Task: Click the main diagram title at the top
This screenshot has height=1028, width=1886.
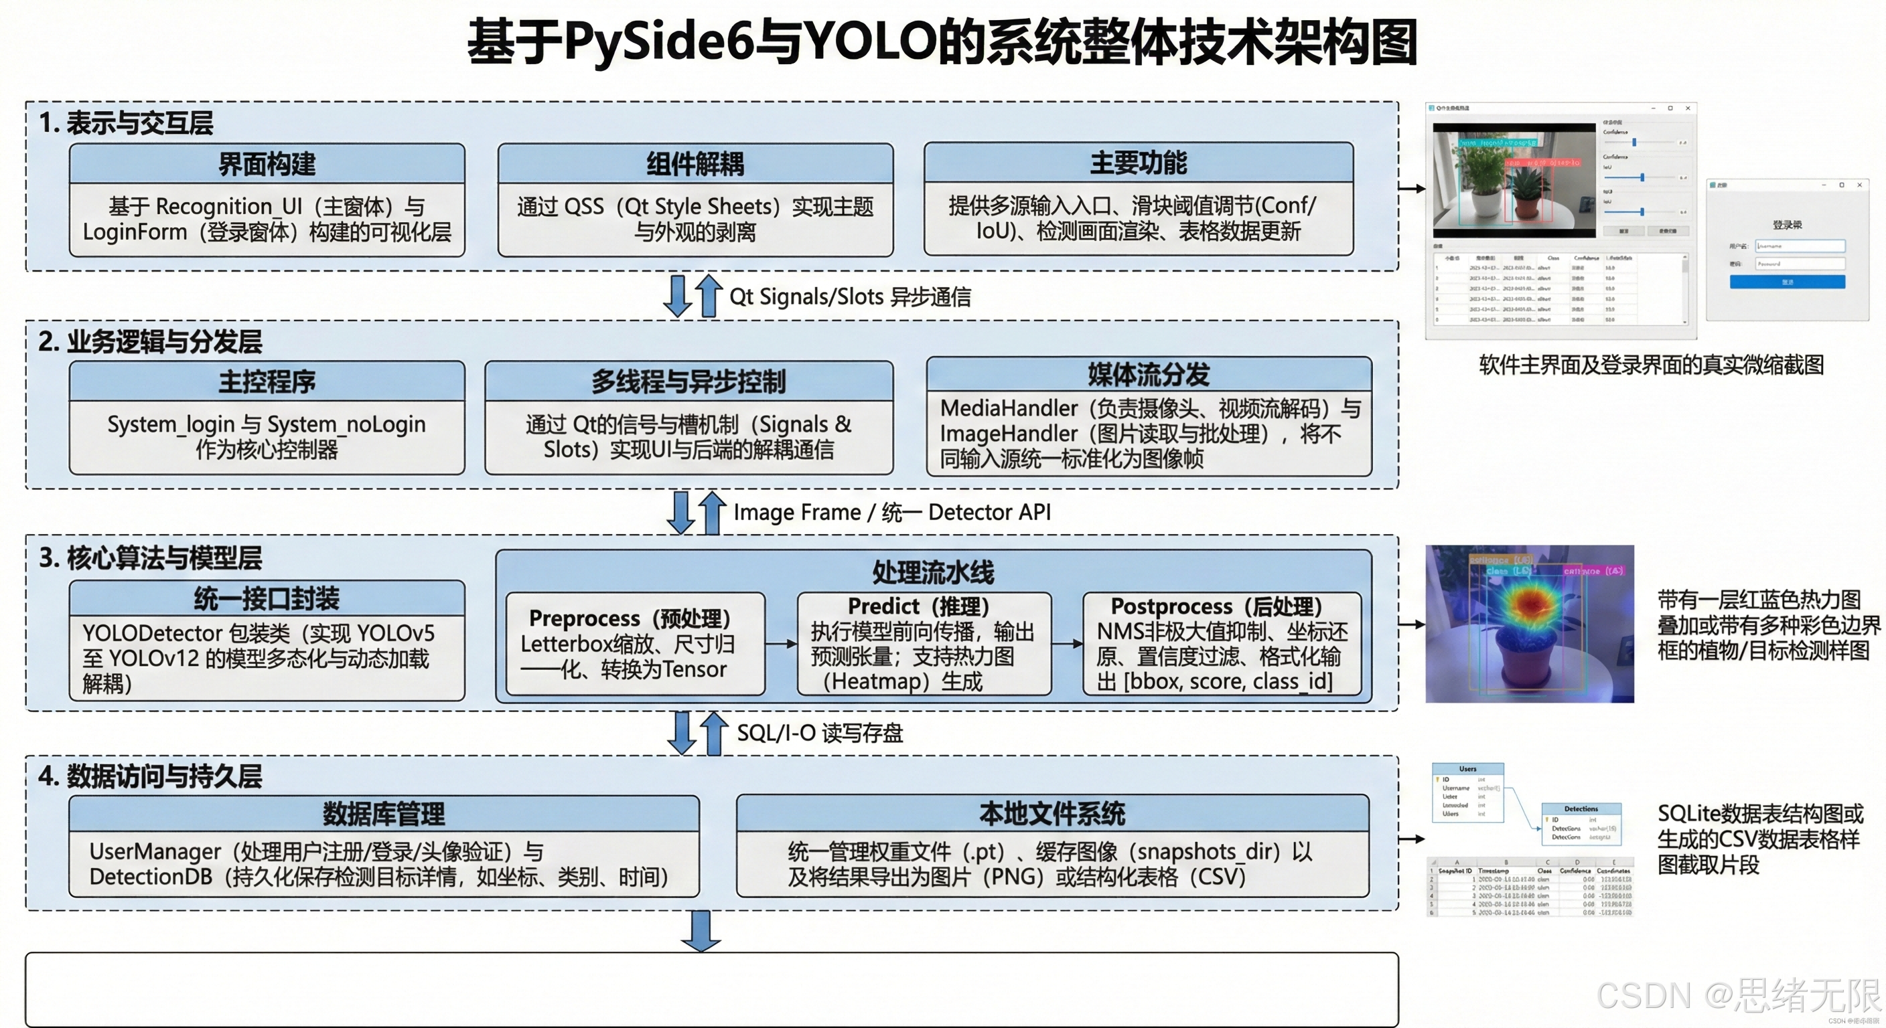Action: pos(942,42)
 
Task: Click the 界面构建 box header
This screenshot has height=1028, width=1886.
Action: pos(267,164)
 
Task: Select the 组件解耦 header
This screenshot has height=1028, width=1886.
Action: pos(695,164)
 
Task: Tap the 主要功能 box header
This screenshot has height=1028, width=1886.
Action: pos(1138,163)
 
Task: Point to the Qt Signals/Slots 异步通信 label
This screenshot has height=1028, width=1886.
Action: pos(849,297)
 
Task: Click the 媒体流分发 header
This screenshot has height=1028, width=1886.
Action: pos(1148,374)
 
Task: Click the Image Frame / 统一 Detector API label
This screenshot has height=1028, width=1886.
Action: pos(891,512)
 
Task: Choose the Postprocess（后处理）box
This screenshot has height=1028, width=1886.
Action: pos(1221,644)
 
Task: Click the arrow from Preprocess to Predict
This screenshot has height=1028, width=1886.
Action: pos(781,644)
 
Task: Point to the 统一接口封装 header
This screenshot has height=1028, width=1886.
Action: pos(267,598)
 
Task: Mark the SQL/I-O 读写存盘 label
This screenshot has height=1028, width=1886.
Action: pos(819,733)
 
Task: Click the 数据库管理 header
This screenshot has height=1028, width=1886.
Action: pos(384,814)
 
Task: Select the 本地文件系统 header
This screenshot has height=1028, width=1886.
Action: pos(1052,813)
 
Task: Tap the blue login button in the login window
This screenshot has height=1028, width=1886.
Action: pos(1787,282)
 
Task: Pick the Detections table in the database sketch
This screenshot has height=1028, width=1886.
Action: pos(1581,824)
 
